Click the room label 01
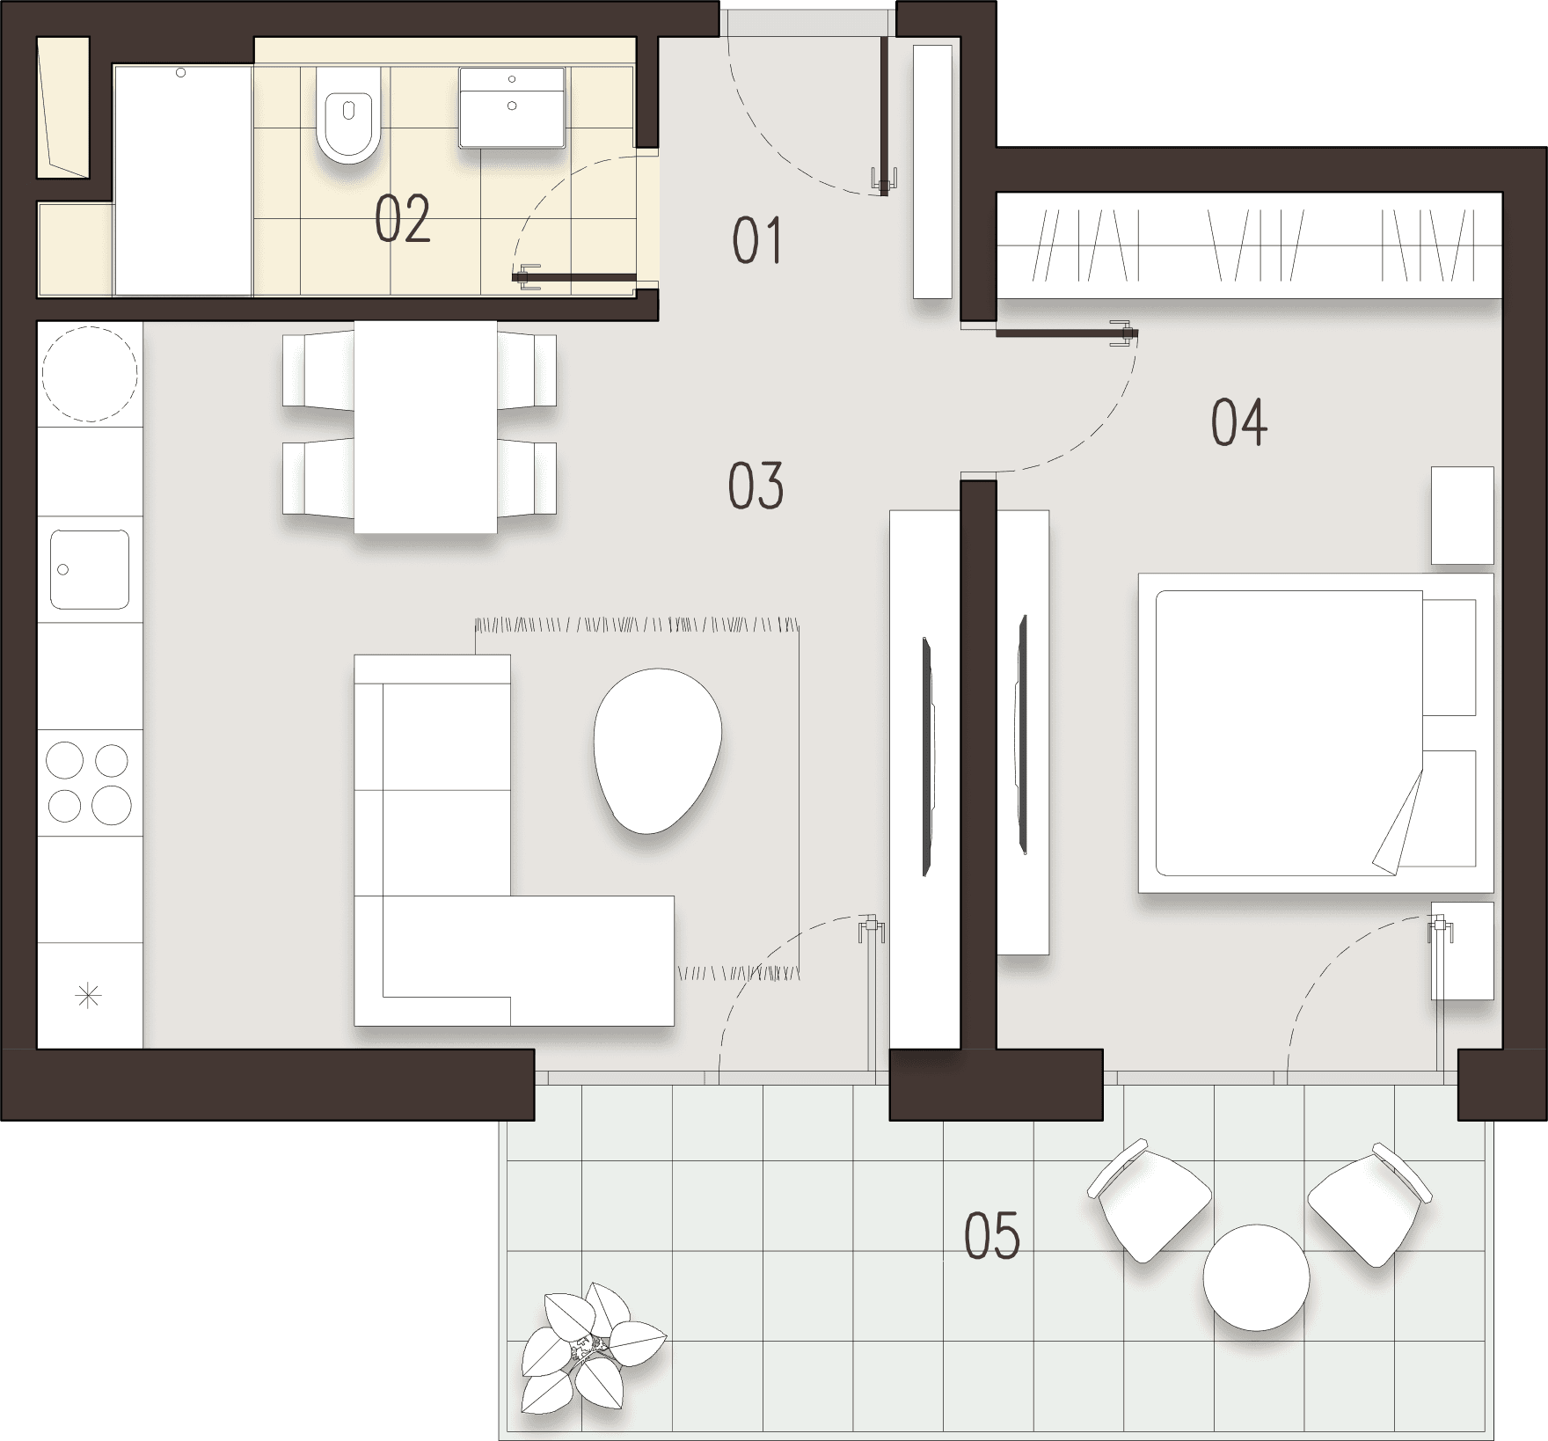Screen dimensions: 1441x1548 (x=757, y=242)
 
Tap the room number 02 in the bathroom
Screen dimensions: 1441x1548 (x=403, y=219)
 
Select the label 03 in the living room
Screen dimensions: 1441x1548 (x=756, y=486)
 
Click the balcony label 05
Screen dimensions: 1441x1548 (x=992, y=1235)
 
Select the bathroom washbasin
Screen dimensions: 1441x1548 (x=512, y=106)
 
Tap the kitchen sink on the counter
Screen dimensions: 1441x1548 (x=90, y=569)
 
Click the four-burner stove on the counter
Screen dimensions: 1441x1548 (x=89, y=782)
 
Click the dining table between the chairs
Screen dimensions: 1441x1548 (x=425, y=427)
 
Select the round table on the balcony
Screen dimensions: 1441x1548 (x=1256, y=1276)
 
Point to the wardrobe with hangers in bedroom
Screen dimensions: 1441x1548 (x=1249, y=245)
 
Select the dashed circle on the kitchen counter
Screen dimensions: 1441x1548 (x=91, y=373)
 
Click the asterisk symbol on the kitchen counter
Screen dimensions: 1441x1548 (x=89, y=997)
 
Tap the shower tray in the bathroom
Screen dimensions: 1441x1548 (x=183, y=180)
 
